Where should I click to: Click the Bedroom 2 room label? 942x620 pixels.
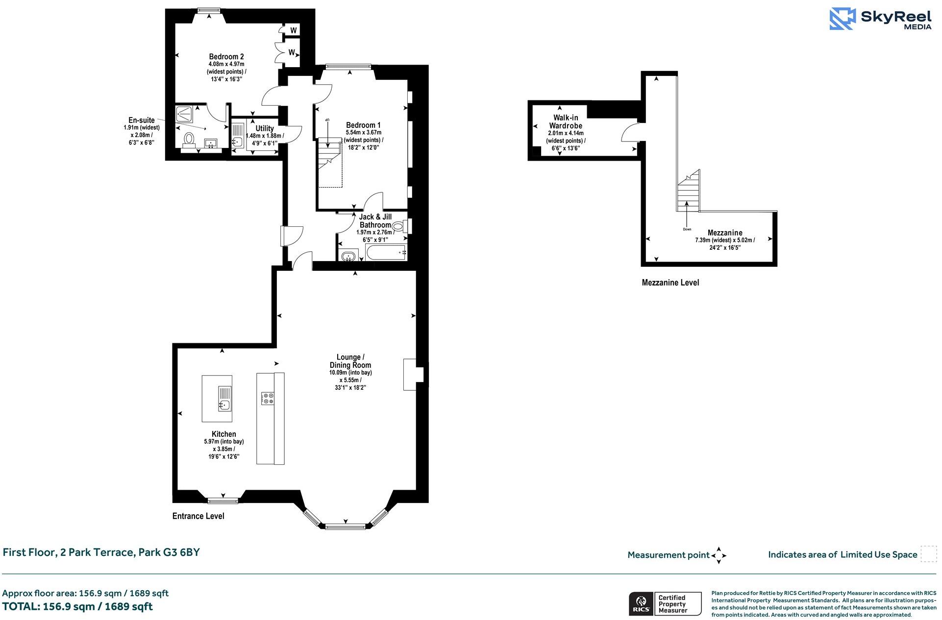click(x=226, y=56)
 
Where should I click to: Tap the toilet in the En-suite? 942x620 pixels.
click(x=188, y=140)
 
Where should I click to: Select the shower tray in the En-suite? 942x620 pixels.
click(x=185, y=115)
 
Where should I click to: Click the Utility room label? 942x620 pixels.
click(x=265, y=128)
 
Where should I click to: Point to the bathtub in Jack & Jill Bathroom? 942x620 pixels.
click(x=386, y=253)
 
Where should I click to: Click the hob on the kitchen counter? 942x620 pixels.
click(x=268, y=398)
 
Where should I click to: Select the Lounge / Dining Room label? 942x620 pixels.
click(x=350, y=361)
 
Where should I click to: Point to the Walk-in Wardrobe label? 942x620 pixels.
click(x=566, y=121)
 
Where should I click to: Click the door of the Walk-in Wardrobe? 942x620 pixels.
click(x=630, y=132)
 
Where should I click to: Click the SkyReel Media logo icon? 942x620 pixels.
click(x=843, y=19)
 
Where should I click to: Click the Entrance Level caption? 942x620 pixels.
click(x=198, y=516)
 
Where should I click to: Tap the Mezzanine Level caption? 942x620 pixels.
click(x=670, y=283)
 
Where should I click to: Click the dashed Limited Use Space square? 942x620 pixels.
click(x=928, y=554)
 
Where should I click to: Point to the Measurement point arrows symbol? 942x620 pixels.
click(x=719, y=555)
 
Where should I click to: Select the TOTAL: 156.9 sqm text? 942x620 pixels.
click(x=77, y=606)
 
